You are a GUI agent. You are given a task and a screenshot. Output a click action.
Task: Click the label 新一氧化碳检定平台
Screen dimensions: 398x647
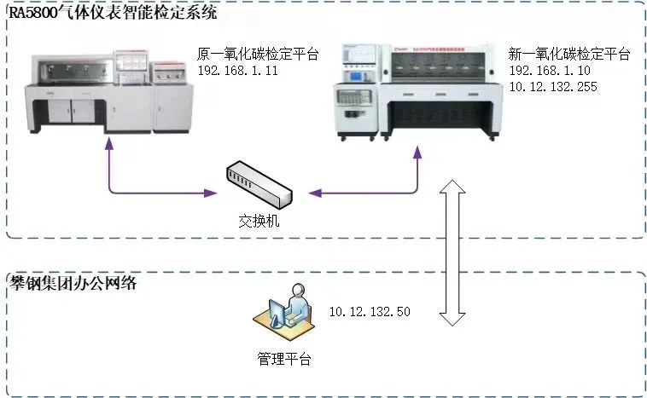coord(568,55)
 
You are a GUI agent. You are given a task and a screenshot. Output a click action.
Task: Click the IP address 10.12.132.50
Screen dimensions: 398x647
coord(370,312)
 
